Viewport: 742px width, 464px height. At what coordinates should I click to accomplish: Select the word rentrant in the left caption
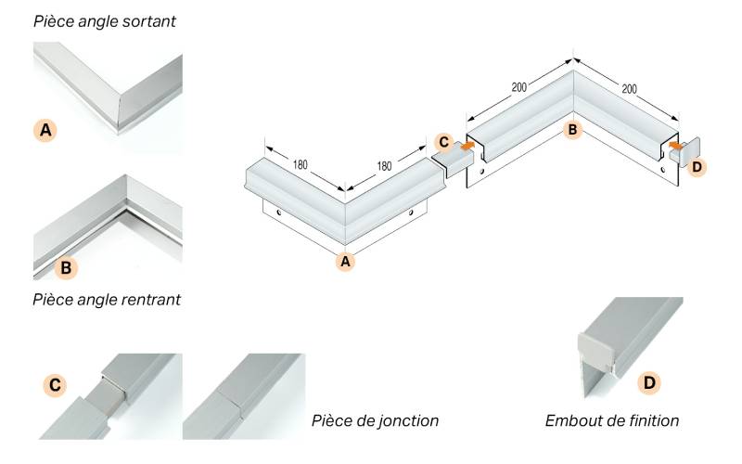[149, 300]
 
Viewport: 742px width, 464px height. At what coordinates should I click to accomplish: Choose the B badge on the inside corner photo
[67, 268]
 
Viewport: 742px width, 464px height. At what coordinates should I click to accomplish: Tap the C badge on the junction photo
[56, 383]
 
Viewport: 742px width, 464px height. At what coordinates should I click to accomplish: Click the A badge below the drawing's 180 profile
[345, 262]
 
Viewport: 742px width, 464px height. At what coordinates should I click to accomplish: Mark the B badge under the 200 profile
[572, 130]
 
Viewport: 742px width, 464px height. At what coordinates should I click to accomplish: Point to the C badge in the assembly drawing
[443, 142]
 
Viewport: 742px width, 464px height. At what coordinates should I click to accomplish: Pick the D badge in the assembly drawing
[697, 166]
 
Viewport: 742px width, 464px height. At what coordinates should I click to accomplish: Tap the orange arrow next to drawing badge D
[676, 146]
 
